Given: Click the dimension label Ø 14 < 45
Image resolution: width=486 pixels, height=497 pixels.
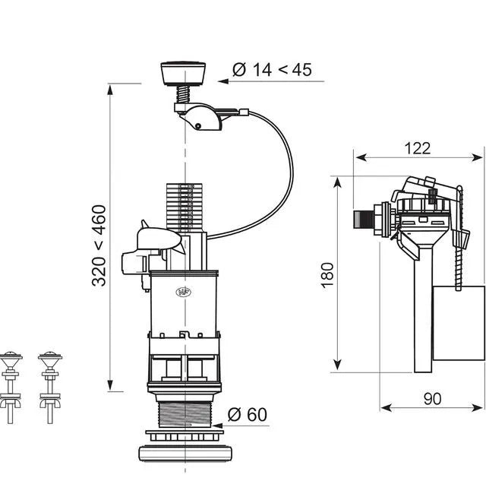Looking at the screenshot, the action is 272,70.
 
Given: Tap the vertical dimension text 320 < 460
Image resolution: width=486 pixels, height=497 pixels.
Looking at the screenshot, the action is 99,245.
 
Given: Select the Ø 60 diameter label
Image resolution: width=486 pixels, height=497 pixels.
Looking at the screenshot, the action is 248,414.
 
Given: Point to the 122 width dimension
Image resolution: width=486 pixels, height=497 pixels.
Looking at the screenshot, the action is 418,148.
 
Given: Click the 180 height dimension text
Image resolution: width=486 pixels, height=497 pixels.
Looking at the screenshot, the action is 327,275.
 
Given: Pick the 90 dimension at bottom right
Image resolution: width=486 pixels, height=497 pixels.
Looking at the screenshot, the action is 432,399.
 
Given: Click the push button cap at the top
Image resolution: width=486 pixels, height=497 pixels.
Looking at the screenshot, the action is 183,73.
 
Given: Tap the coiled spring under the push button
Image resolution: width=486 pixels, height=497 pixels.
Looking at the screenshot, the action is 184,94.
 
